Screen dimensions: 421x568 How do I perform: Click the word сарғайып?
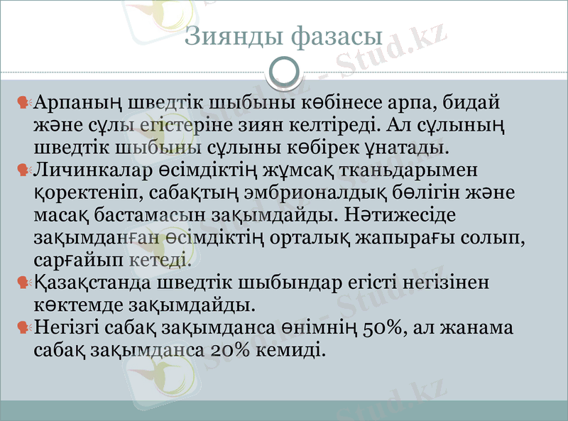(x=80, y=261)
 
